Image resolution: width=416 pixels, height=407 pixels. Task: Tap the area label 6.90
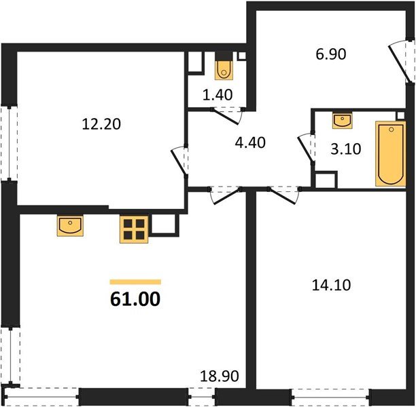[332, 54]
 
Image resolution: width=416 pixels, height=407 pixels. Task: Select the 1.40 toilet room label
[219, 94]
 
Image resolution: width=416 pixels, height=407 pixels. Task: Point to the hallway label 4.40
[249, 142]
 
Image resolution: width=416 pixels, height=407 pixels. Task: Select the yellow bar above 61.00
[135, 282]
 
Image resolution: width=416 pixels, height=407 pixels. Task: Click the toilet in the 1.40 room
[224, 69]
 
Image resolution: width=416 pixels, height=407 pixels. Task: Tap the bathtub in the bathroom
[390, 154]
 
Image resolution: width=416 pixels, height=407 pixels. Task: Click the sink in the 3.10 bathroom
[343, 121]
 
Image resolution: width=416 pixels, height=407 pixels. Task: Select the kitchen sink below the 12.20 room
[69, 226]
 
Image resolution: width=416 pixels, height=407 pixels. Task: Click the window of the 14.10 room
[330, 391]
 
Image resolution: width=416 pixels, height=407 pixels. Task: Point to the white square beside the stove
[164, 225]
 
